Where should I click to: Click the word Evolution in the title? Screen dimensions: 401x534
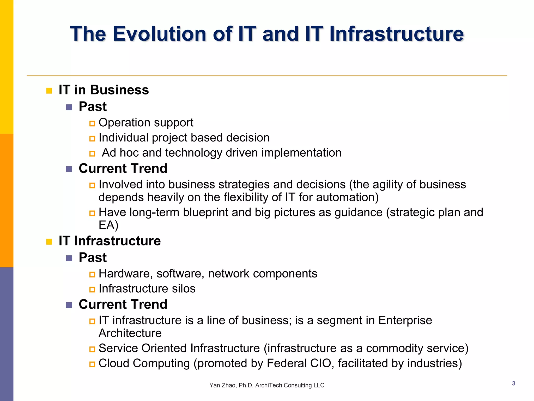point(159,34)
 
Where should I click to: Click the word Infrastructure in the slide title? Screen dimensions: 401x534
point(396,34)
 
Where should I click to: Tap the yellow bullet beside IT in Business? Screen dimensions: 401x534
point(49,91)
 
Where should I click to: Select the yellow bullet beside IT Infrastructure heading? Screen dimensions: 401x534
point(49,241)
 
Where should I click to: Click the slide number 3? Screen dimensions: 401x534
point(513,383)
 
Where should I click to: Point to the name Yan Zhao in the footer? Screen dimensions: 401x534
point(221,385)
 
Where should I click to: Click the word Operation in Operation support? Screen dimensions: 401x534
point(125,123)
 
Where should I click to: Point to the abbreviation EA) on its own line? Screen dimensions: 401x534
point(108,225)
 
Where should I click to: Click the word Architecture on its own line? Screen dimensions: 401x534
point(130,333)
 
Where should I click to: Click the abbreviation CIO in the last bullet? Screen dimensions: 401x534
point(320,363)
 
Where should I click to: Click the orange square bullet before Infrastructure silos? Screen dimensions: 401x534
point(92,290)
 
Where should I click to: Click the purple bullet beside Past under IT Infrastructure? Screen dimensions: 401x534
point(69,258)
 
